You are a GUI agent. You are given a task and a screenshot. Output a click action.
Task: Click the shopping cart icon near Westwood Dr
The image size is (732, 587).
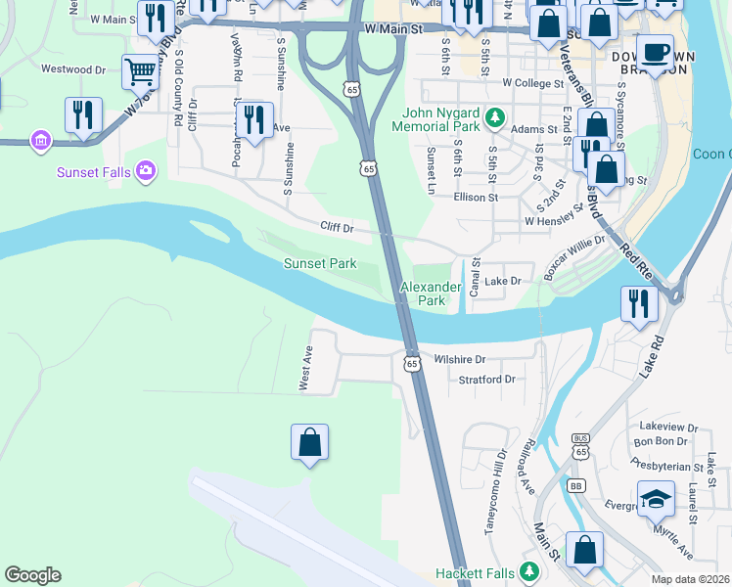140,70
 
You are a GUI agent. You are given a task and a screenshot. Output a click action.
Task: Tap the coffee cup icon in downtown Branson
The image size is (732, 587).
654,50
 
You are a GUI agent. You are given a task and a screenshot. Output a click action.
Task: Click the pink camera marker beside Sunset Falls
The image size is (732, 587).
146,172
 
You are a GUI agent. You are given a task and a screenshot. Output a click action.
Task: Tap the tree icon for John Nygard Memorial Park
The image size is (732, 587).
495,119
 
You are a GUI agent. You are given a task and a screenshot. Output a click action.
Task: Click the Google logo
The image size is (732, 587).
32,575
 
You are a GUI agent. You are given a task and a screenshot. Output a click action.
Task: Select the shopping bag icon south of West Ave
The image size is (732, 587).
309,442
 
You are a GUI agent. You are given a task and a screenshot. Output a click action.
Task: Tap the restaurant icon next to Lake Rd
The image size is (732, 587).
639,303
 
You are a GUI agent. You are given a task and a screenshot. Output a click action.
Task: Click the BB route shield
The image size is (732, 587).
575,485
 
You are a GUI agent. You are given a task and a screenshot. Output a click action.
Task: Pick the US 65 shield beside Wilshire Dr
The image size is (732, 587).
412,363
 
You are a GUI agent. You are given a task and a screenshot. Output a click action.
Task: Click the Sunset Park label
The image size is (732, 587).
320,264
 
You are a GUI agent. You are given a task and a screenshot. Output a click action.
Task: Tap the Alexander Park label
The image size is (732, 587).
431,293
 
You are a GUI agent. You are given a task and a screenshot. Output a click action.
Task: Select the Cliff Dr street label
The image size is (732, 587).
336,227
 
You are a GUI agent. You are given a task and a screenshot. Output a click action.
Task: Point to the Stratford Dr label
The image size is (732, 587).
486,379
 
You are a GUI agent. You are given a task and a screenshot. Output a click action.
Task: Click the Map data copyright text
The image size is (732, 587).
690,578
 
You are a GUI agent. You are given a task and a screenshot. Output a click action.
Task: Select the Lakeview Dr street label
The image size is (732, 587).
667,427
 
